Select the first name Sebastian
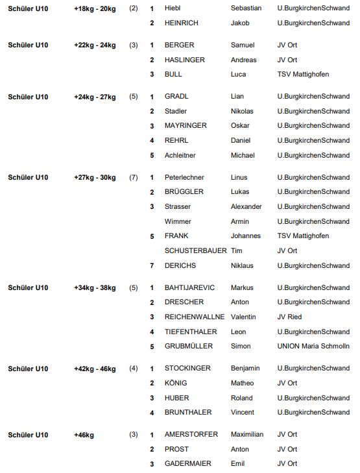click(x=246, y=8)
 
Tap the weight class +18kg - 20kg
click(x=95, y=8)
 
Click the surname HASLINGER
click(x=185, y=60)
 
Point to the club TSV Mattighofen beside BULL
click(x=303, y=74)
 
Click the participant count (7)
click(x=134, y=177)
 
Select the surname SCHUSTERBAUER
click(x=196, y=251)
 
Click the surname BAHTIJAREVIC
click(x=189, y=287)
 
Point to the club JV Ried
click(x=289, y=317)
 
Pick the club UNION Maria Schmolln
click(x=313, y=346)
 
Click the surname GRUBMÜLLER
click(x=189, y=346)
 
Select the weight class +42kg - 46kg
click(x=95, y=369)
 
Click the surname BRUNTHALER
click(x=188, y=412)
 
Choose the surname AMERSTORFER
click(x=191, y=435)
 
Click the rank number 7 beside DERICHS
click(x=152, y=265)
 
